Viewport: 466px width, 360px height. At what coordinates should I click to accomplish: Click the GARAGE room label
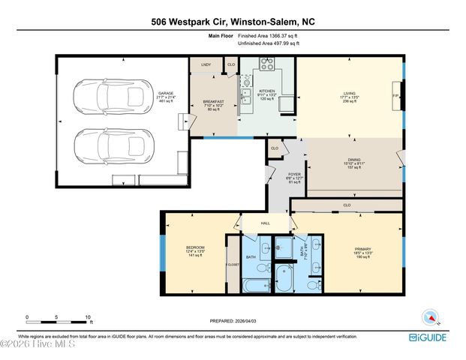[x=145, y=94]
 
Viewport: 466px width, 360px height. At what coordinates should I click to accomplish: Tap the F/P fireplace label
[x=395, y=96]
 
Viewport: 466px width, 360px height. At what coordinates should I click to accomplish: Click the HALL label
[x=265, y=223]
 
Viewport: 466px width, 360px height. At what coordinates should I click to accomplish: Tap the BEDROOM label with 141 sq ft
[x=195, y=247]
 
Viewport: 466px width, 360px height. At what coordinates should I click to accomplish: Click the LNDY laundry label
[x=206, y=65]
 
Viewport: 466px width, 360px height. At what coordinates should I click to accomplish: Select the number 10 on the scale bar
[x=88, y=317]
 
